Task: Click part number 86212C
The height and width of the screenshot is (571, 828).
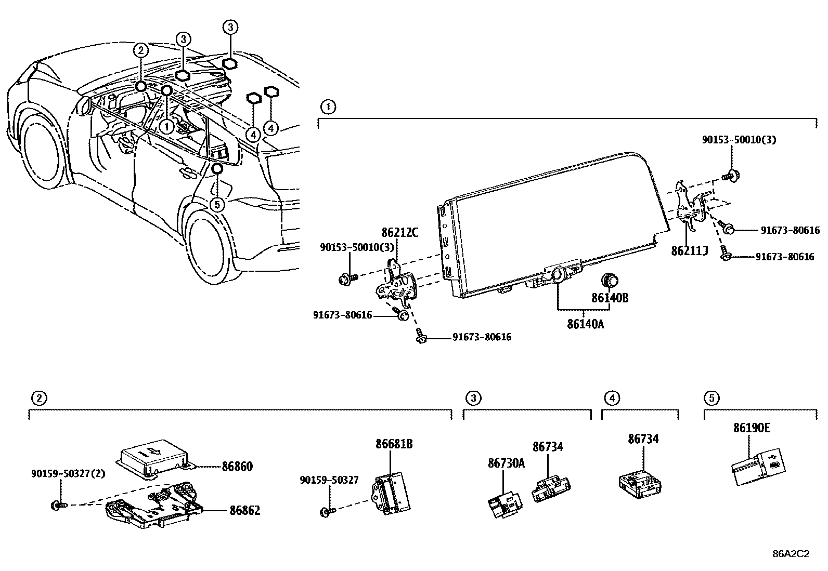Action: click(399, 233)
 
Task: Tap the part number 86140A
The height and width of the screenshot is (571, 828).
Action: click(586, 324)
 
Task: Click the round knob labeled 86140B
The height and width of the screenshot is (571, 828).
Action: click(608, 281)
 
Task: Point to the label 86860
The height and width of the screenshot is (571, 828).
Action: click(237, 467)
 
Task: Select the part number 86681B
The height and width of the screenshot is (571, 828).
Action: click(394, 444)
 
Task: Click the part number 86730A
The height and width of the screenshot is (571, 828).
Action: click(506, 463)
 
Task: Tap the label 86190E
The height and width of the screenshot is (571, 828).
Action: click(752, 428)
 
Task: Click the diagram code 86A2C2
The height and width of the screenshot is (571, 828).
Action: click(791, 554)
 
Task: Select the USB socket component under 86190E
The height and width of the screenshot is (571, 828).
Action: click(759, 468)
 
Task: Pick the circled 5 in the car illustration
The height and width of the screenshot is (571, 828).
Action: click(217, 204)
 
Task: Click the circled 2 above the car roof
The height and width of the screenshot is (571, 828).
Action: click(141, 50)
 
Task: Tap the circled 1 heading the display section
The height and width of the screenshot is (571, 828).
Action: click(328, 108)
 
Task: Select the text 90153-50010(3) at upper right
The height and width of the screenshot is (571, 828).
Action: click(739, 139)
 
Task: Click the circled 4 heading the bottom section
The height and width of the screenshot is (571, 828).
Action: click(612, 398)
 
